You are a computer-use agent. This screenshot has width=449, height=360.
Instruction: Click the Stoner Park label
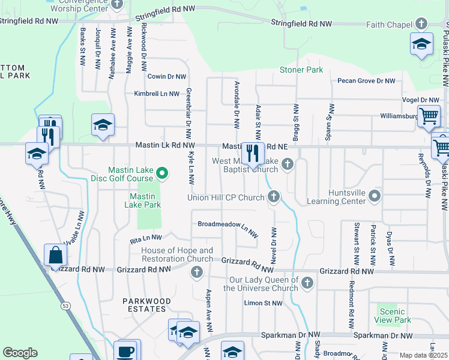point(301,70)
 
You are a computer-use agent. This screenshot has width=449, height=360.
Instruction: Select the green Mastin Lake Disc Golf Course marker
point(161,174)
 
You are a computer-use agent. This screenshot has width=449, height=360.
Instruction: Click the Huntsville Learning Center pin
point(375,196)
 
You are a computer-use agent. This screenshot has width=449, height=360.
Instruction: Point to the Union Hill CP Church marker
point(274,196)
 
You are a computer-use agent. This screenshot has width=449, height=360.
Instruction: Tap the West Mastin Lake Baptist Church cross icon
point(288,164)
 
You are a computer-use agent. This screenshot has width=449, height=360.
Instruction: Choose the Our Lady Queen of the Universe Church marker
point(307,282)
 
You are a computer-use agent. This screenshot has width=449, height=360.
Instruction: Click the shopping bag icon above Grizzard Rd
point(55,255)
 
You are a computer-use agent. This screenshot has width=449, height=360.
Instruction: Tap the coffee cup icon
point(125,351)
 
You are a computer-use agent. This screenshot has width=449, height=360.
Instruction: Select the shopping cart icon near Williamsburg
point(428,116)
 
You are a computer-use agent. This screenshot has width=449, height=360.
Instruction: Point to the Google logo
point(20,353)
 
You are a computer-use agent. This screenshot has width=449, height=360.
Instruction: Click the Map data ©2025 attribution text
point(423,355)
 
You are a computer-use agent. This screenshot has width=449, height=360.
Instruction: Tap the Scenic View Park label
point(393,316)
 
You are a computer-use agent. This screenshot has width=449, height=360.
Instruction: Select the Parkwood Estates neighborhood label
point(148,305)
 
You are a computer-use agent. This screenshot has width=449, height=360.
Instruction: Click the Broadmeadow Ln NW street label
point(228,225)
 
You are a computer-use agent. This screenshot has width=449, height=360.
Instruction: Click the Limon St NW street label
point(263,303)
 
